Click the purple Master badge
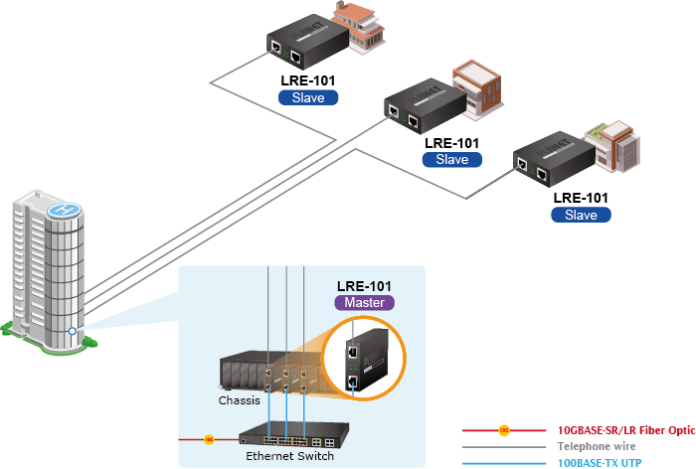(364, 302)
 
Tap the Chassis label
(239, 400)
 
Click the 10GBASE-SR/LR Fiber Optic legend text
(626, 430)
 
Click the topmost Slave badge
(308, 97)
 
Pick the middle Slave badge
(451, 159)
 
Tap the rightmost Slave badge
(581, 215)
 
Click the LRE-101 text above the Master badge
(365, 285)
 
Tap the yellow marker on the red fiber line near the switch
(209, 438)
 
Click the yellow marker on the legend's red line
(504, 430)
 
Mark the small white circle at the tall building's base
(73, 330)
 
